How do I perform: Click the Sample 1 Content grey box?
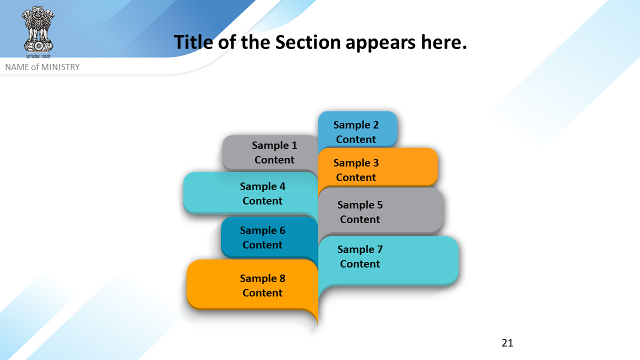click(x=270, y=152)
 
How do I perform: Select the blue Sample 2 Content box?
click(x=357, y=129)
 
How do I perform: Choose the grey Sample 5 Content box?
click(x=380, y=211)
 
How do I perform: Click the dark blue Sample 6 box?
click(x=269, y=237)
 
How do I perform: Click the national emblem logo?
click(x=38, y=29)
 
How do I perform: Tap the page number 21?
click(x=507, y=343)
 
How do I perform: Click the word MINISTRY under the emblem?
click(x=60, y=67)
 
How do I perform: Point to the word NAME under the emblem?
click(x=17, y=67)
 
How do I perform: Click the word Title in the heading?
click(x=193, y=42)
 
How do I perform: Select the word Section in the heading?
click(x=308, y=42)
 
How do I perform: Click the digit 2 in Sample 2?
click(x=375, y=125)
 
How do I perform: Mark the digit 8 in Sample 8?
click(x=282, y=278)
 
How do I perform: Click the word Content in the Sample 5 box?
click(x=359, y=219)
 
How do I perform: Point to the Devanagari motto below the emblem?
click(x=38, y=56)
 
